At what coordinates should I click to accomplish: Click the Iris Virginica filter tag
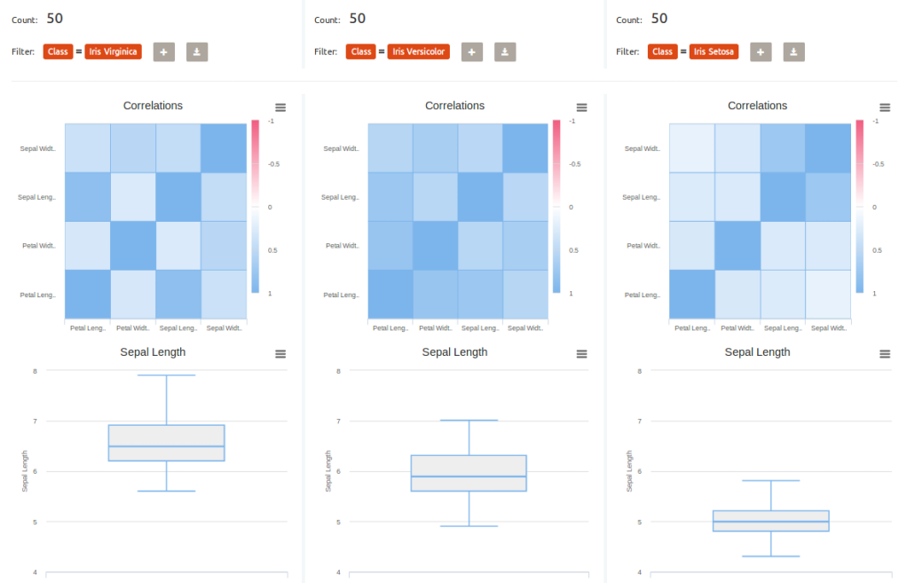click(113, 51)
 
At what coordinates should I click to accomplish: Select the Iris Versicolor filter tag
click(419, 51)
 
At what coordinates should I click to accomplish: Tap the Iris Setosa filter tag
click(714, 51)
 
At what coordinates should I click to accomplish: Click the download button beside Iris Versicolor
click(505, 52)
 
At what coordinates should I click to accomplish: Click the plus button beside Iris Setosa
click(761, 52)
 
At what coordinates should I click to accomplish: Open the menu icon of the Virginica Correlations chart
click(280, 107)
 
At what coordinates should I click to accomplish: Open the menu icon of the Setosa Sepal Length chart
click(885, 354)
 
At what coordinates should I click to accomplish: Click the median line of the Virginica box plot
click(166, 446)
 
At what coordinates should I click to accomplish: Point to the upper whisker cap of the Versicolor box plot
click(469, 421)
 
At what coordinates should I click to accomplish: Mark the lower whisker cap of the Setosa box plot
click(771, 556)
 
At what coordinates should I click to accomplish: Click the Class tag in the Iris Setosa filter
click(662, 51)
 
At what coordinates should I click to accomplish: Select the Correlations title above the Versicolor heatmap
click(454, 106)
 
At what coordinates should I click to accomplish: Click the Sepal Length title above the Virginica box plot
click(153, 352)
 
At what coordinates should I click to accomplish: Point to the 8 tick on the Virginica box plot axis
click(35, 371)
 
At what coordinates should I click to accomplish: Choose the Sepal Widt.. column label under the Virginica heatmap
click(224, 328)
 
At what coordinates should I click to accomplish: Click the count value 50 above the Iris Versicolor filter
click(358, 19)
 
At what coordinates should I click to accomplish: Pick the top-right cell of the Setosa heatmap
click(828, 147)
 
